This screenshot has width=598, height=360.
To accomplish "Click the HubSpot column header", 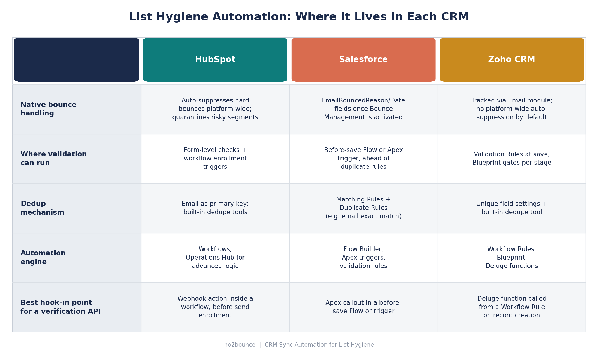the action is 215,60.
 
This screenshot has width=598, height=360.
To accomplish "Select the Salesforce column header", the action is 363,60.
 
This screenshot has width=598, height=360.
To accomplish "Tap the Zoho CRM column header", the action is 512,60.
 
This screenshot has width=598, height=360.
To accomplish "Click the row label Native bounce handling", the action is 48,109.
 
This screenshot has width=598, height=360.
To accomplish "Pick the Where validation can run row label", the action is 54,158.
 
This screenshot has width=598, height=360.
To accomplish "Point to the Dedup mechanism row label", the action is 42,208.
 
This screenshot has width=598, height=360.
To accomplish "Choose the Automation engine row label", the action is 43,257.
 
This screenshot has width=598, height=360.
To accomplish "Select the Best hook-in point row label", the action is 60,307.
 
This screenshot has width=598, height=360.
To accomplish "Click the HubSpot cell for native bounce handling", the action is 215,109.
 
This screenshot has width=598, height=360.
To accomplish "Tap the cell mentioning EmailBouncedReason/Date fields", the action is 363,109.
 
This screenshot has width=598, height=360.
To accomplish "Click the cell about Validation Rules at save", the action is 512,159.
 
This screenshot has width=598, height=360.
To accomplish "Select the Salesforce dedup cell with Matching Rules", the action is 363,208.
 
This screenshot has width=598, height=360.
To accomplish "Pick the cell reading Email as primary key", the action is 215,208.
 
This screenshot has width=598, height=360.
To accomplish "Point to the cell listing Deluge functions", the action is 512,258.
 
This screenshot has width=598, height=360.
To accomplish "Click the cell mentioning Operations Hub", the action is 215,258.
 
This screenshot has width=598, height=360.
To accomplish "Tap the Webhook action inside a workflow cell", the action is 215,307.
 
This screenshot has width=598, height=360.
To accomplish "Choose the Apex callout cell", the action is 363,307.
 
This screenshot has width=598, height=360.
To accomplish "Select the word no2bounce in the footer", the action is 240,345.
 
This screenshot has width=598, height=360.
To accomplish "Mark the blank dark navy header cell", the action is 77,60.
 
